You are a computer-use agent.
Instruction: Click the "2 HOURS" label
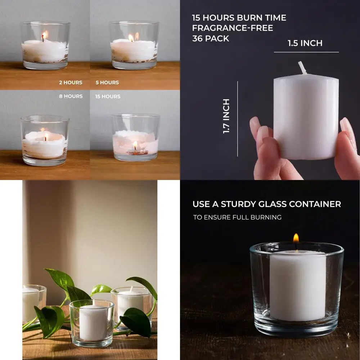[71, 82]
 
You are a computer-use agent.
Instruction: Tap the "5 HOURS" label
[107, 82]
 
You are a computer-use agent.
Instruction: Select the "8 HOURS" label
[71, 96]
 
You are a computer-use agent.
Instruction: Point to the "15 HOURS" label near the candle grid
[108, 96]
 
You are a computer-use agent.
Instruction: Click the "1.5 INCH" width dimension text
[305, 43]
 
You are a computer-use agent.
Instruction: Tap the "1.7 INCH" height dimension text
[226, 116]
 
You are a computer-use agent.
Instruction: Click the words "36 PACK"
[211, 39]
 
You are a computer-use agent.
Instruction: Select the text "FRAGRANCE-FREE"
[233, 28]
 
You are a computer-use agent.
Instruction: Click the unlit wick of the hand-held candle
[302, 68]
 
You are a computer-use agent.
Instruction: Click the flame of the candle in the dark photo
[296, 238]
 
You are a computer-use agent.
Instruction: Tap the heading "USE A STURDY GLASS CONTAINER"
[267, 204]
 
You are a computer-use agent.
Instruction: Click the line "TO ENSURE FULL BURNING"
[237, 217]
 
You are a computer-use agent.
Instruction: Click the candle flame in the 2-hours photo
[44, 35]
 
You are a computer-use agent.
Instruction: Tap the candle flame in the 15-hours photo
[135, 145]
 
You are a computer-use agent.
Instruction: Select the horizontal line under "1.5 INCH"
[306, 52]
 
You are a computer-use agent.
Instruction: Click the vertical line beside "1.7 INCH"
[238, 119]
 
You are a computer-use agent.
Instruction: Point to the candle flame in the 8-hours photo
[46, 136]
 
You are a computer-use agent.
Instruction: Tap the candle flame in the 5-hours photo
[131, 37]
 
